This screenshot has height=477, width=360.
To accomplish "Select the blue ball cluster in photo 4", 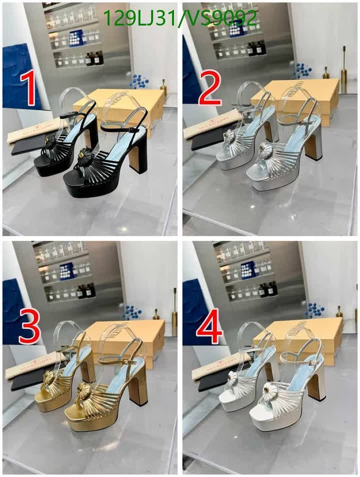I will [315, 309].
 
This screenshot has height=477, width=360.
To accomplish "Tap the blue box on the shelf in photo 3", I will [66, 270].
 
